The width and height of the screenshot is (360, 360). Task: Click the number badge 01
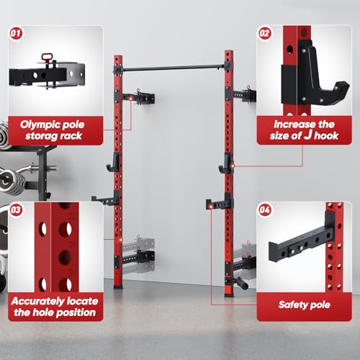[16, 33]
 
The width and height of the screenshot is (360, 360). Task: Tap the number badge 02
[264, 33]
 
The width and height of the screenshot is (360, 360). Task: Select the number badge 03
[16, 210]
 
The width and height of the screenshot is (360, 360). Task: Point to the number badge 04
[264, 210]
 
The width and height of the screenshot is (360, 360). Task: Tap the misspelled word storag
[41, 136]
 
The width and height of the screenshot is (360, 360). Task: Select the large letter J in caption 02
[308, 135]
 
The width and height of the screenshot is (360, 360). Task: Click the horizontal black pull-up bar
[174, 68]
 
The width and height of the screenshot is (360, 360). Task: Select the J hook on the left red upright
[113, 163]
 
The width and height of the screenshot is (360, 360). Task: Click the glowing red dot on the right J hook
[233, 166]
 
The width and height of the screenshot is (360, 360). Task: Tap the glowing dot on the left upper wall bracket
[130, 99]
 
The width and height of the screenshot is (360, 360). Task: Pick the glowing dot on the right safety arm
[211, 207]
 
